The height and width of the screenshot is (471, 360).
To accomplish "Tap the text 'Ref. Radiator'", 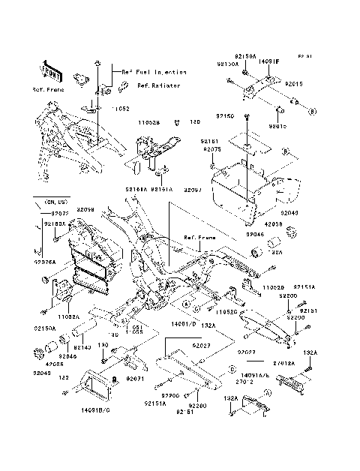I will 139,86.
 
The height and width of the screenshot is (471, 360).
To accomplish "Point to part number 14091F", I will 269,62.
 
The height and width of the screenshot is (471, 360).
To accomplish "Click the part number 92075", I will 211,149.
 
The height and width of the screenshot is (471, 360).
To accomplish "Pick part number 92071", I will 135,379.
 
